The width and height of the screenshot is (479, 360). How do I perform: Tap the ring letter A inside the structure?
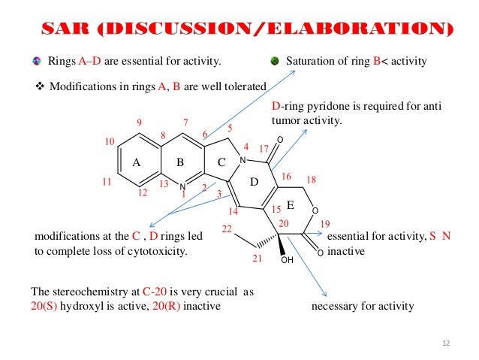[137, 162]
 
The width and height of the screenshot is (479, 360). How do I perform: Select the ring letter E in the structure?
[290, 204]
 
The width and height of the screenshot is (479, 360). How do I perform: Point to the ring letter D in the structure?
[254, 183]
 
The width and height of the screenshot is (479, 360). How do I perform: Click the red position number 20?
[283, 224]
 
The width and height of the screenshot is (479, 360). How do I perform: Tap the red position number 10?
[110, 141]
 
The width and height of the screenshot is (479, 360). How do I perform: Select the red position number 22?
[227, 228]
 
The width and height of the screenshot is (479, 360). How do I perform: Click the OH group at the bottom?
[286, 261]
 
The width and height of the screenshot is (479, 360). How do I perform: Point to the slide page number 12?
[447, 343]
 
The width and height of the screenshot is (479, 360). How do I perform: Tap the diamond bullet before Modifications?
[41, 86]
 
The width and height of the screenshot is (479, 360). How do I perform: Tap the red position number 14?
[233, 212]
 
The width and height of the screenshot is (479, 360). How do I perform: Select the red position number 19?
[325, 224]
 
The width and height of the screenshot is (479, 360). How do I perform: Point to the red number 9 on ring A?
[140, 122]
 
